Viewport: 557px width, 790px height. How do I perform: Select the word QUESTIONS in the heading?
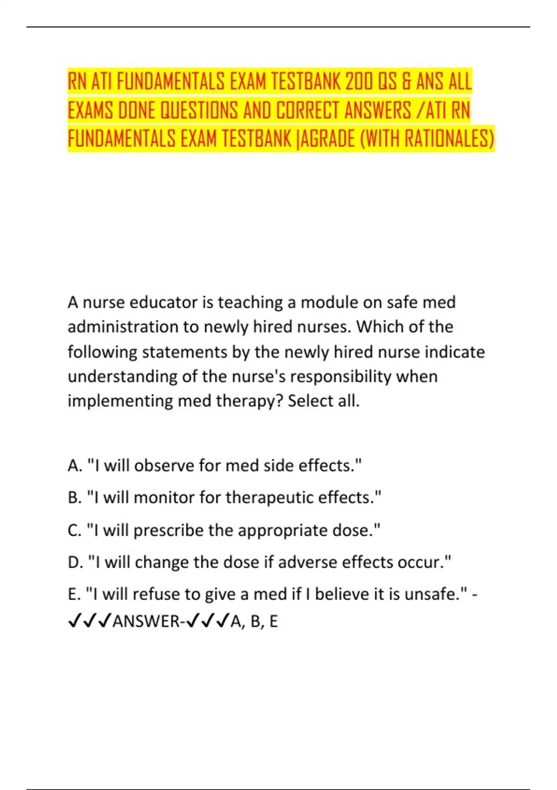click(199, 111)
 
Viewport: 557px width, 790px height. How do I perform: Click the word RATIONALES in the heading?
click(446, 138)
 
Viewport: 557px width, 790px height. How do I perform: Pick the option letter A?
click(74, 465)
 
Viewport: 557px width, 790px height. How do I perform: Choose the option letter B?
click(74, 498)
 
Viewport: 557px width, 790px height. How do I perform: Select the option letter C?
click(74, 530)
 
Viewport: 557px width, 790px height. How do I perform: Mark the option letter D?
click(75, 562)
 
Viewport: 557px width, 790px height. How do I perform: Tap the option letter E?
click(74, 594)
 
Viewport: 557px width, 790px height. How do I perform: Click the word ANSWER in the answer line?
click(145, 621)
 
